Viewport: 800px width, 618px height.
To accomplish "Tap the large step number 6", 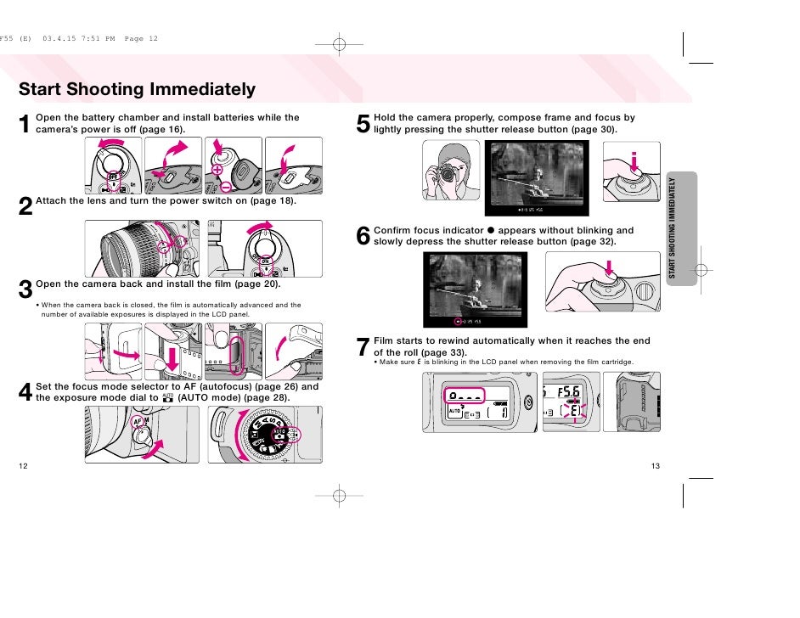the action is click(363, 236).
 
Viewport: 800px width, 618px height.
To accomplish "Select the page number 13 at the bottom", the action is click(655, 466).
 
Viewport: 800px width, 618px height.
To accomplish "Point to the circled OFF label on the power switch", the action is click(112, 177).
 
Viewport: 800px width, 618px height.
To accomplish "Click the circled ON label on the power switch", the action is click(265, 261).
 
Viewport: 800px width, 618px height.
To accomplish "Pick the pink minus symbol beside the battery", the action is click(226, 186).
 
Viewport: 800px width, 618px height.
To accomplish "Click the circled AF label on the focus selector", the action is click(137, 421).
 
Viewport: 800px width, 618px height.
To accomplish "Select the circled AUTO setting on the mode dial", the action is click(279, 431).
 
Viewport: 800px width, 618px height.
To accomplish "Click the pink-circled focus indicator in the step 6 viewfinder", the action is click(458, 321).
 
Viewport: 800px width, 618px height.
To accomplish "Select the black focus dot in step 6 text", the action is click(491, 230).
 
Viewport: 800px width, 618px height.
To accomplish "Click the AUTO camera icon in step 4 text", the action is click(167, 396).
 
